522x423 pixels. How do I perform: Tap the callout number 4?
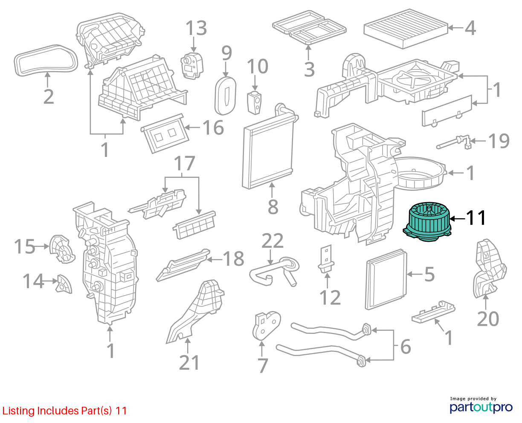coord(470,28)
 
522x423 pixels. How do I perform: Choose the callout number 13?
coord(196,28)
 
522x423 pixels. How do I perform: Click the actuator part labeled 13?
coord(192,66)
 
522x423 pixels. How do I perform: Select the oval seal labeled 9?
coord(225,96)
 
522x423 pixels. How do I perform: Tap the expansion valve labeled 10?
coord(254,103)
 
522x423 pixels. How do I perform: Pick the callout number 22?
coord(272,240)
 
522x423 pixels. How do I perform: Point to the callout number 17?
coord(184,163)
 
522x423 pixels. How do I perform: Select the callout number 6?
coord(406,347)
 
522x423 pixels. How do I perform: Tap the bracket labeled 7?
coord(266,325)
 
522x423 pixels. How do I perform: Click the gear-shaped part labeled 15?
coord(62,249)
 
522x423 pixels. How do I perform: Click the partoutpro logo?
coord(481,406)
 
